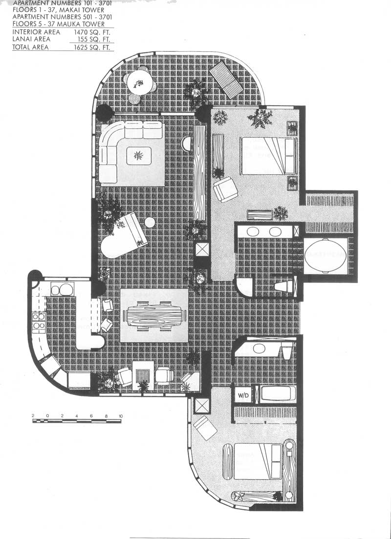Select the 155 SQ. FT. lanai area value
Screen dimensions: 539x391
point(95,40)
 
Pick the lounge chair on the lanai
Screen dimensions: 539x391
point(226,80)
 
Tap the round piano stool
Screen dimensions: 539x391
point(150,222)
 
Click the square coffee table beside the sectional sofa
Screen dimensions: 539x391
point(139,156)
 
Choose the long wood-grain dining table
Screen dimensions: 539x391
point(155,316)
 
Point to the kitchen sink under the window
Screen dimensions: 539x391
point(62,289)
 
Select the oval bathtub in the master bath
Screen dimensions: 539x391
point(325,255)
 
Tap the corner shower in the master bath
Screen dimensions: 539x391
point(244,286)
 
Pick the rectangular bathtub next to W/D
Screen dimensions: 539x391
point(278,394)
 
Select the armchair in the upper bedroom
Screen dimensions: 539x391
point(225,189)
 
